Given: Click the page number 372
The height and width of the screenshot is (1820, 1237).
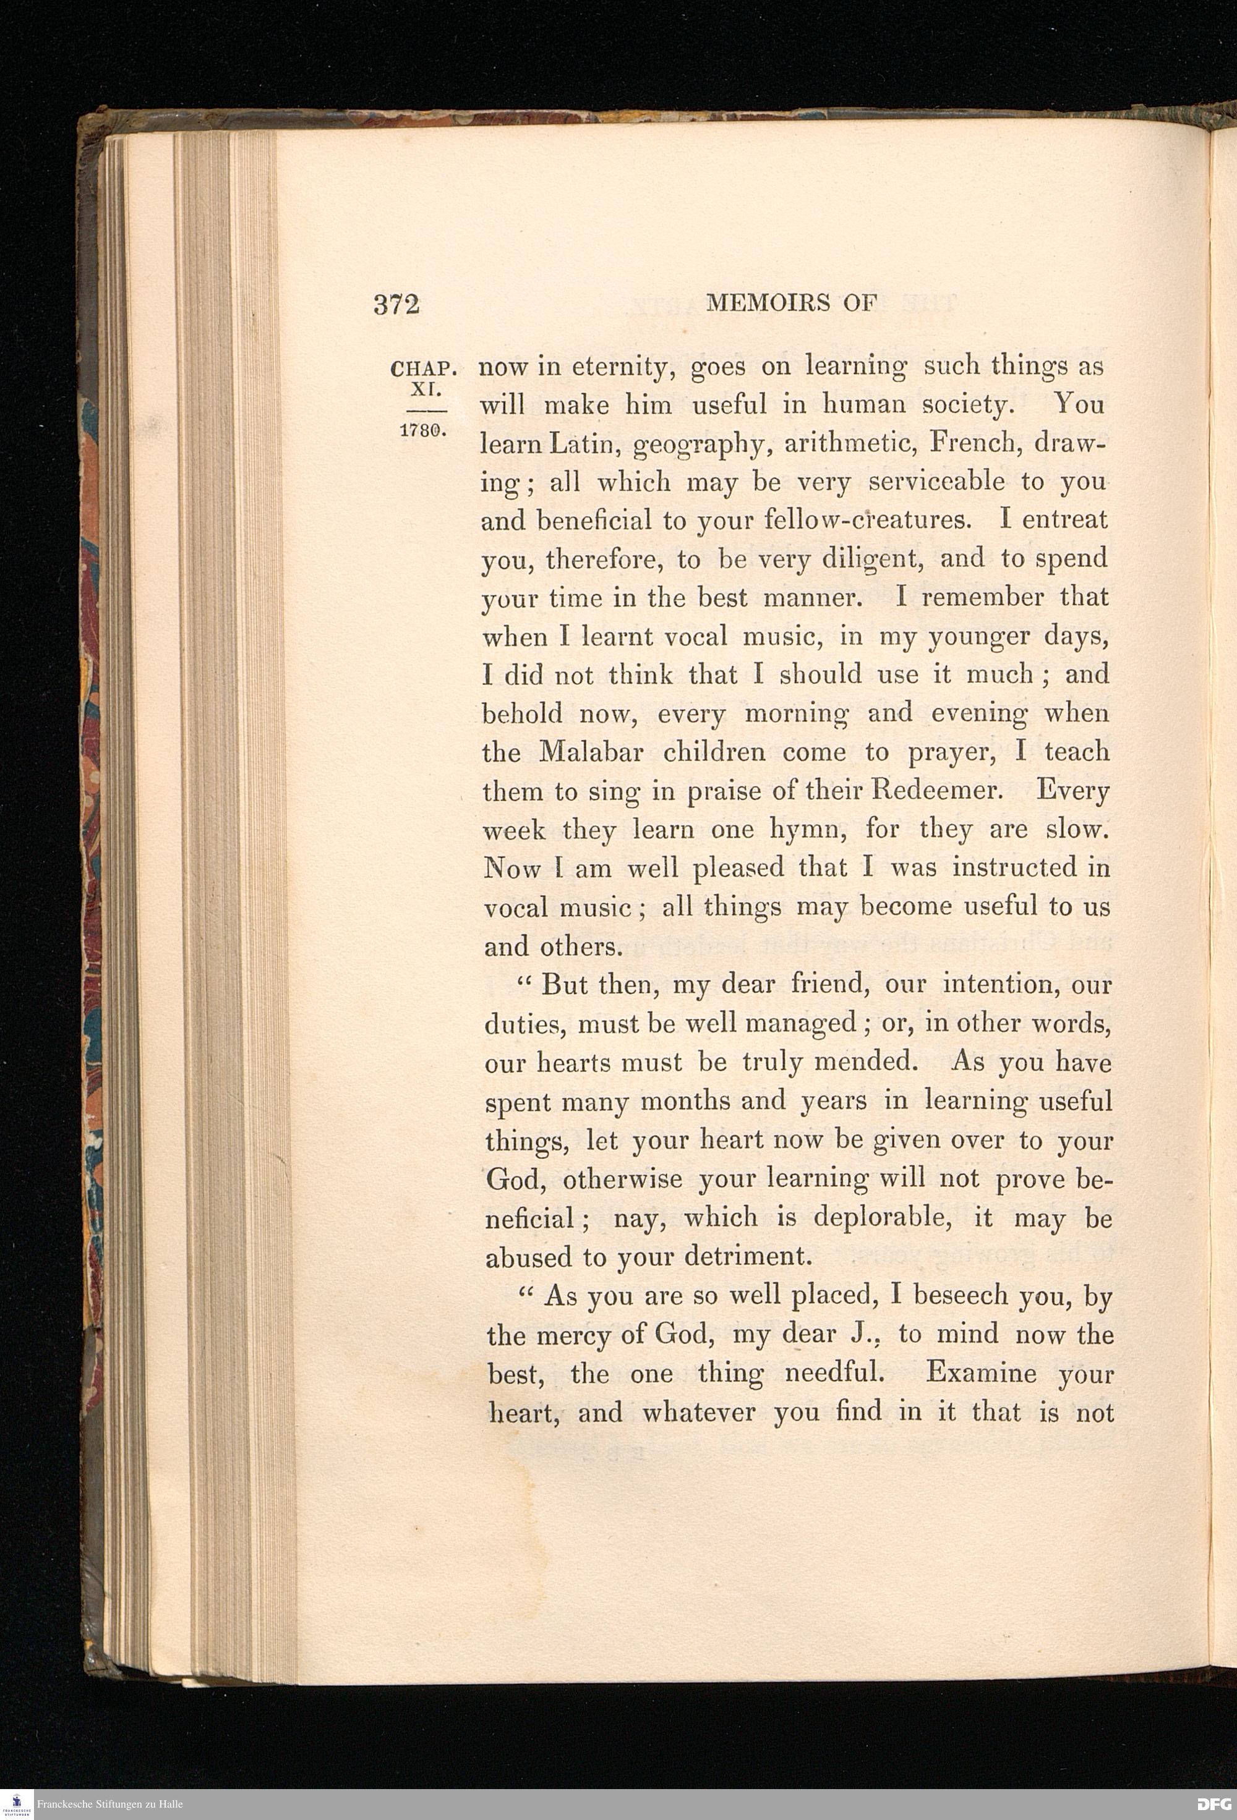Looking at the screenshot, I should click(396, 305).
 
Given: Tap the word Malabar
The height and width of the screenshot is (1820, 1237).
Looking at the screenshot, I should click(593, 752).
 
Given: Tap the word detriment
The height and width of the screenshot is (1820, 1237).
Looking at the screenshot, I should click(745, 1256).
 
